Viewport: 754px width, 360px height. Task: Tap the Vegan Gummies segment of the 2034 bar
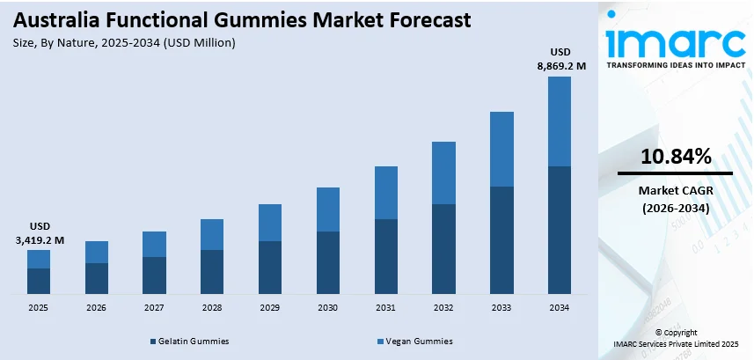pos(559,121)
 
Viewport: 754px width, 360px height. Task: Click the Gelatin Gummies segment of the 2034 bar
pos(559,230)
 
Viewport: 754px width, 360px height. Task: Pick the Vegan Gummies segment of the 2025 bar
pos(39,259)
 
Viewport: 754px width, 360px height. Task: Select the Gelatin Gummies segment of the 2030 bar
pos(327,262)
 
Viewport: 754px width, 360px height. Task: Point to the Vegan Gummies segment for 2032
pos(443,173)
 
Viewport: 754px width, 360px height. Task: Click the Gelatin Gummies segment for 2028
pos(212,271)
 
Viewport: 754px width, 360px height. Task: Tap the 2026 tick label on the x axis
pos(96,308)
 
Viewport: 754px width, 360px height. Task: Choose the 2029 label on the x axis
pos(269,308)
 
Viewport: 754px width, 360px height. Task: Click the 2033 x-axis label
pos(501,308)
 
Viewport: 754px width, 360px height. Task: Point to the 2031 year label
pos(385,308)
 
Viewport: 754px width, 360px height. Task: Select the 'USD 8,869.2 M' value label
pos(559,58)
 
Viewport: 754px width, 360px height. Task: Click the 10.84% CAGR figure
pos(675,158)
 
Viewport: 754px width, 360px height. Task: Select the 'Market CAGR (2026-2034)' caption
pos(675,199)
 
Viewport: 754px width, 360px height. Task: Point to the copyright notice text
pos(677,338)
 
